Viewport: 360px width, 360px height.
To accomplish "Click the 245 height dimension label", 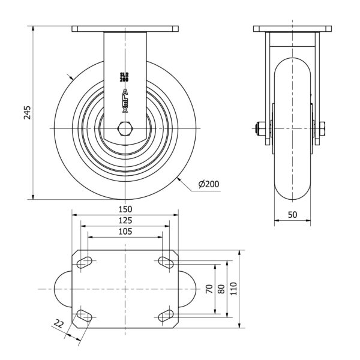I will (x=27, y=112).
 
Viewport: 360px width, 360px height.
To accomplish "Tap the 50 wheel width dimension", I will (x=293, y=214).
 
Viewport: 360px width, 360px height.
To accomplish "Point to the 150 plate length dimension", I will (x=125, y=209).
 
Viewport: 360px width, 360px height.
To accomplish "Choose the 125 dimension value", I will (x=125, y=220).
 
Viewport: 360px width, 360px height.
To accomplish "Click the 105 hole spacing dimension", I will (x=125, y=232).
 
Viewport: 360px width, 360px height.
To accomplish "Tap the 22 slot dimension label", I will (x=59, y=325).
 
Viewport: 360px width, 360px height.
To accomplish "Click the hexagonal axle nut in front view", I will (x=125, y=128).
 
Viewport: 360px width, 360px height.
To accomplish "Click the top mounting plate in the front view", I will (x=125, y=29).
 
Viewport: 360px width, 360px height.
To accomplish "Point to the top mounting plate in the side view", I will (x=292, y=29).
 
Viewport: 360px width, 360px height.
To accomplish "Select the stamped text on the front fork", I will (x=125, y=77).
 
